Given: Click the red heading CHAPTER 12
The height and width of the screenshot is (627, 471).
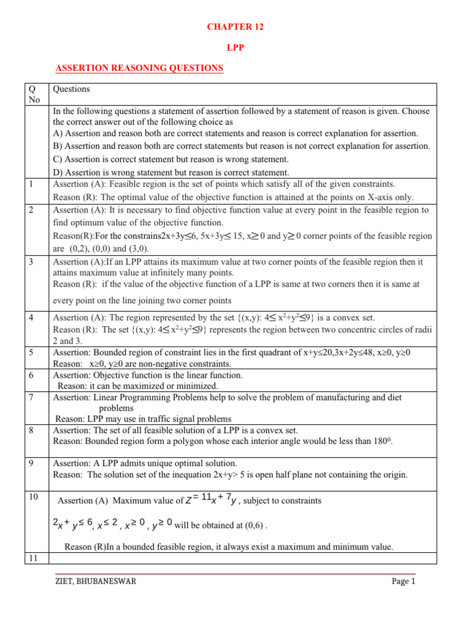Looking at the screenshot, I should [x=235, y=27].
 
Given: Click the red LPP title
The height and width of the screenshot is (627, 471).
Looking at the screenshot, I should [x=235, y=47].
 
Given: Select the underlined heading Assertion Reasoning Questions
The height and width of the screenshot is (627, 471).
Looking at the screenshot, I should [x=139, y=68].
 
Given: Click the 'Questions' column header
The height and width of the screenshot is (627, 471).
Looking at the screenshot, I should [x=71, y=89].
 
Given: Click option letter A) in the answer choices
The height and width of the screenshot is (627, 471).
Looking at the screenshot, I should [x=58, y=133].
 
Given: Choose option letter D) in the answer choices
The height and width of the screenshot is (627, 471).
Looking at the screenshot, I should [x=58, y=172].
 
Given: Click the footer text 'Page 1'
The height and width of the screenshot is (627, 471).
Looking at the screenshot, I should [x=404, y=582].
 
